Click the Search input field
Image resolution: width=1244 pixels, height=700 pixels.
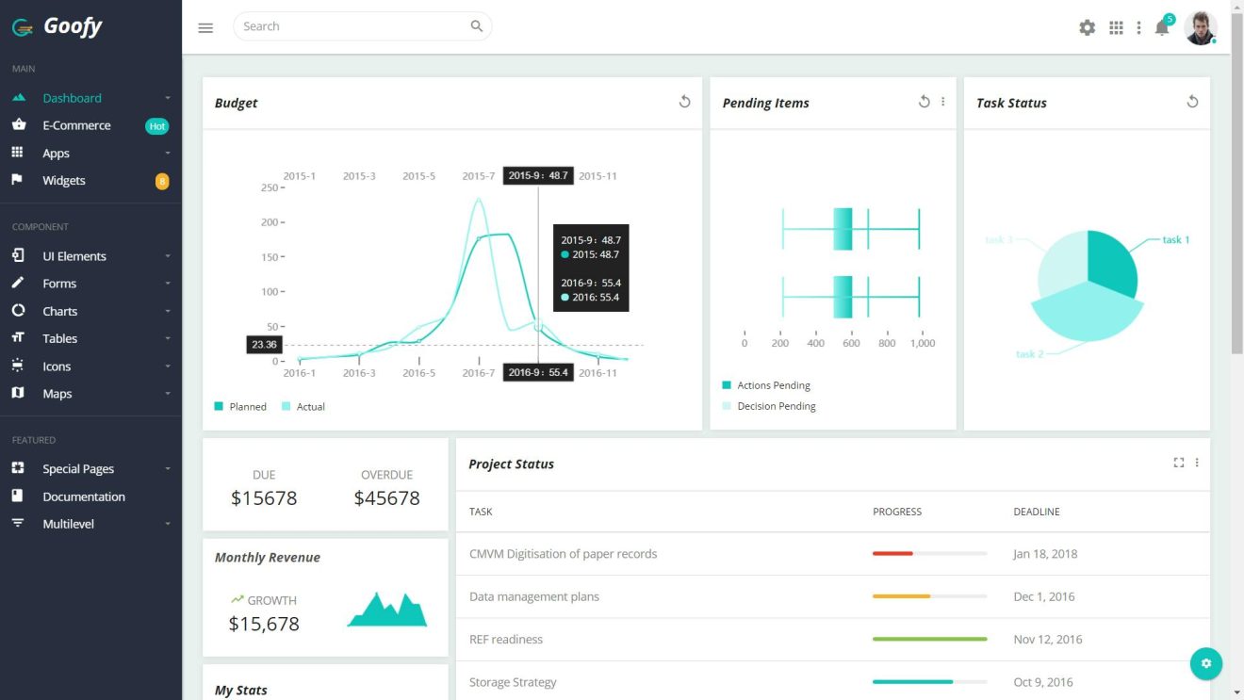point(353,26)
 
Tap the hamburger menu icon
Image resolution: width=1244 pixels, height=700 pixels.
point(205,27)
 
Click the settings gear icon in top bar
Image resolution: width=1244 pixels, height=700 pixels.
point(1087,27)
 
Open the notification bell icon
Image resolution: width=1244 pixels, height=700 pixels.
point(1162,28)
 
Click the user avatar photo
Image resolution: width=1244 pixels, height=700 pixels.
point(1200,27)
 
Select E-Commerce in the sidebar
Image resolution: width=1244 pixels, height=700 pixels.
point(76,125)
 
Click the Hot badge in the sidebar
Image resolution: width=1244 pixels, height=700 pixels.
point(157,126)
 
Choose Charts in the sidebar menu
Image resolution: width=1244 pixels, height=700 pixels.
point(59,311)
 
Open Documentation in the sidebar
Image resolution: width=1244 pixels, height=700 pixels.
point(83,497)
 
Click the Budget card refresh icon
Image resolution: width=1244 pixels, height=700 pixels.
point(685,102)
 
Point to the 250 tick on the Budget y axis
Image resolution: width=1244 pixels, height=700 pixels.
point(270,187)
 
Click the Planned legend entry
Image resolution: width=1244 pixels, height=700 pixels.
point(241,407)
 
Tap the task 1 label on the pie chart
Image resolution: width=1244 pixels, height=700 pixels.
point(1175,239)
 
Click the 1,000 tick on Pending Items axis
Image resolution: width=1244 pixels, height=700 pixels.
point(922,343)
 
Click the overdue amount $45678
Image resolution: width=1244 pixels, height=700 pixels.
point(386,498)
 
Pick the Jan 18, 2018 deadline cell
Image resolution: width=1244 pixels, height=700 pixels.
point(1045,554)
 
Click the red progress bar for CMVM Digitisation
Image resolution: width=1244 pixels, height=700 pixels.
point(892,554)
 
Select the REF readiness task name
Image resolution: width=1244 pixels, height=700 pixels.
point(506,640)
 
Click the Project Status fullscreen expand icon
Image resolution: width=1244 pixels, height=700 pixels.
point(1178,463)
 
